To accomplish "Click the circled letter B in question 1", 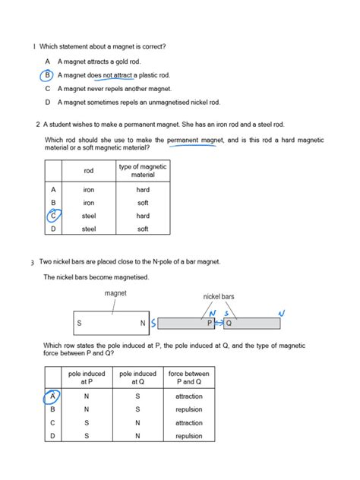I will (x=47, y=75).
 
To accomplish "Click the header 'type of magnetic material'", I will (x=143, y=170).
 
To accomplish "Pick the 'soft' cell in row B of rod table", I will (x=143, y=203).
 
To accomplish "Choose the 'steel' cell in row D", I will (x=89, y=229).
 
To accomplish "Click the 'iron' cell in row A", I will (x=89, y=190).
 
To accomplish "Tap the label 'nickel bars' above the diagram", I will (x=219, y=296).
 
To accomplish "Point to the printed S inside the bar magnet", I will (x=79, y=323).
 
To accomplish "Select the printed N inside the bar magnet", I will (x=142, y=323).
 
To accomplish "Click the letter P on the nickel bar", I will (x=210, y=324).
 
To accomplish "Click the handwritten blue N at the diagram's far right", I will (x=282, y=313).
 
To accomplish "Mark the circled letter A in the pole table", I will (x=52, y=396).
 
